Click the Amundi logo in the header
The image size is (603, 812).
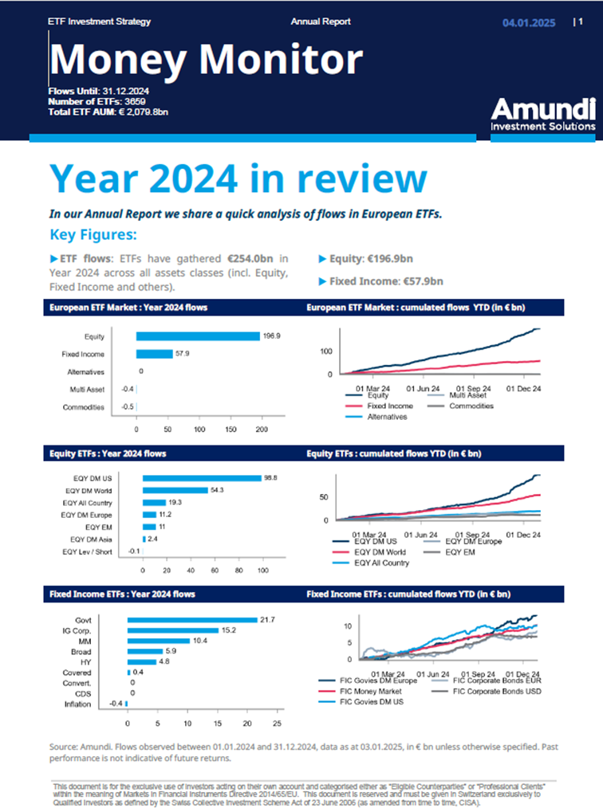coord(542,114)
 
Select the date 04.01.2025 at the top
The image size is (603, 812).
coord(528,23)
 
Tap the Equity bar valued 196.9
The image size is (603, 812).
coord(198,336)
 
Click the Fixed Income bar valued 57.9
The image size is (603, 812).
coord(154,354)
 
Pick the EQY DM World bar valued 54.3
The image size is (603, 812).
coord(175,490)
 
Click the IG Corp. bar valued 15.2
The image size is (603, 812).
coord(173,630)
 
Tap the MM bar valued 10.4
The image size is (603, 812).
coord(159,641)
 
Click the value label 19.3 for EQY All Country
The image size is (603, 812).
coord(175,503)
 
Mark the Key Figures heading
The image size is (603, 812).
coord(93,234)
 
